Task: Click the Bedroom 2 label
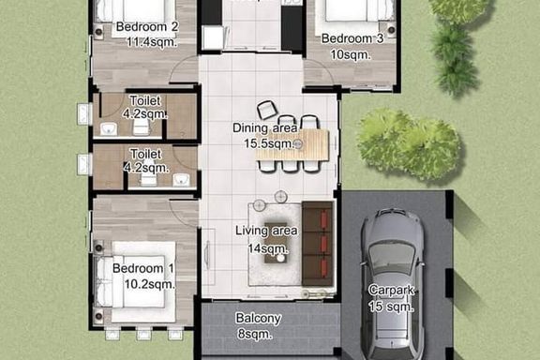click(x=147, y=26)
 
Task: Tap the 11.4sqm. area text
click(x=152, y=42)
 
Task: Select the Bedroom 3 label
click(x=352, y=38)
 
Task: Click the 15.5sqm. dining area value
click(x=270, y=143)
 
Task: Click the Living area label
click(x=266, y=231)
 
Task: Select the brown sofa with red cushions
click(x=318, y=243)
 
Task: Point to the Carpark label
click(x=391, y=290)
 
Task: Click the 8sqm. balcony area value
click(x=255, y=334)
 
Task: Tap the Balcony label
click(x=259, y=319)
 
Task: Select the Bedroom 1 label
click(x=142, y=268)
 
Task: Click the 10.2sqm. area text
click(x=150, y=284)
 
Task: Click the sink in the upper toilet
click(x=109, y=129)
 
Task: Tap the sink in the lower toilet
click(x=181, y=180)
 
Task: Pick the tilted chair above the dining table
click(x=267, y=110)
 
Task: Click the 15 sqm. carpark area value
click(x=391, y=307)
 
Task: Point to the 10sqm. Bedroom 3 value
click(x=351, y=54)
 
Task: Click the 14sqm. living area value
click(x=268, y=248)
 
